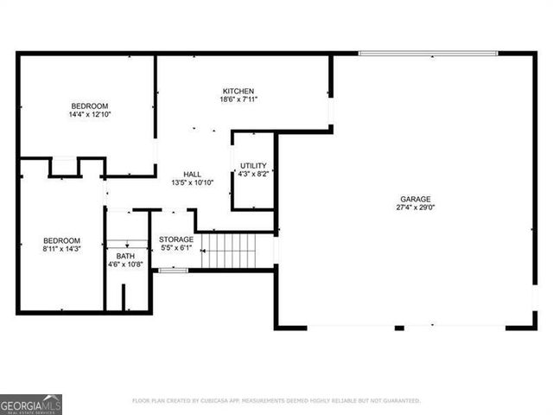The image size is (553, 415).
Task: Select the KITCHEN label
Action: (x=238, y=91)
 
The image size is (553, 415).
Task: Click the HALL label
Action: (x=193, y=174)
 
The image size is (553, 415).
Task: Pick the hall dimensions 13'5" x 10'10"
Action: (x=193, y=183)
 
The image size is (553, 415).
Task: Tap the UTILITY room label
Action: (x=253, y=165)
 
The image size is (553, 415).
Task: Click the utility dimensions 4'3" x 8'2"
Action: (x=253, y=174)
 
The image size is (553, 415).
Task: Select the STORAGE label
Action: (x=176, y=239)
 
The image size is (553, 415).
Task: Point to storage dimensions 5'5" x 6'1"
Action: (x=176, y=248)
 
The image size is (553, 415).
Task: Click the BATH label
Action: (x=125, y=256)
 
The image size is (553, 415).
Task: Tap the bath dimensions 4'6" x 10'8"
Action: (x=125, y=265)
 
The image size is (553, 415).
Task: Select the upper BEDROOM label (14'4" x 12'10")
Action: (x=90, y=105)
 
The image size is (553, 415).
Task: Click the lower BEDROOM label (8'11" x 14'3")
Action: (x=62, y=240)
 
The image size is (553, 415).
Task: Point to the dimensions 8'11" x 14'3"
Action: (x=62, y=250)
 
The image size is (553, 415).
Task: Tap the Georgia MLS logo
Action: (x=31, y=404)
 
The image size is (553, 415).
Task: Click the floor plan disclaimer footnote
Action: (x=276, y=400)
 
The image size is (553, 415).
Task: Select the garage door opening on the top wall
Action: (x=429, y=54)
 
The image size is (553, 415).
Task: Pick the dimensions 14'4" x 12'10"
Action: (x=90, y=114)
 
